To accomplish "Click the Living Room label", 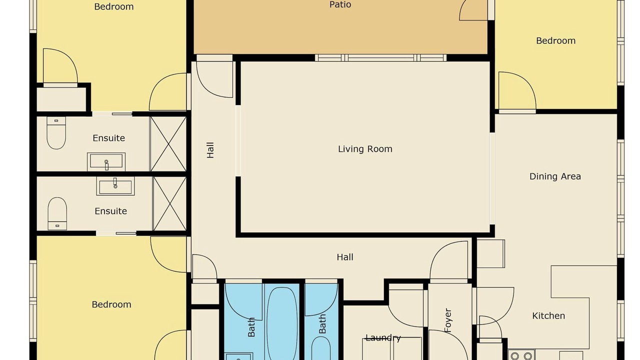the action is click(365, 149).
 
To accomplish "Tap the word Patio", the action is click(340, 4).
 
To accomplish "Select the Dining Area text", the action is click(555, 176).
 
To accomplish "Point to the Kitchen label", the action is click(548, 315).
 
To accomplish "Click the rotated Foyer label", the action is click(448, 320).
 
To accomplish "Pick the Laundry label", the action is click(383, 338).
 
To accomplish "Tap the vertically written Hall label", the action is click(210, 150).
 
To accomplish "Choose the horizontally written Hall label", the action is click(345, 257).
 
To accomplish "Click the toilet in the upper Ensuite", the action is click(56, 133).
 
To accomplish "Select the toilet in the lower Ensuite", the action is click(57, 213).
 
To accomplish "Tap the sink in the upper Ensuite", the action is click(106, 161).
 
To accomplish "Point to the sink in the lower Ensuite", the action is click(115, 186).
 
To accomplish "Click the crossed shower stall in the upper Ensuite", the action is click(168, 143).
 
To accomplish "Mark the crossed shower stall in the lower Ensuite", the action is click(169, 203).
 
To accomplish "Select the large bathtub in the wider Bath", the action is click(281, 323).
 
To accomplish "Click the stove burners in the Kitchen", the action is click(521, 355).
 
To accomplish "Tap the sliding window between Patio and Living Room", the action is click(380, 57).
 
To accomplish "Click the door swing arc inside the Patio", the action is click(473, 10).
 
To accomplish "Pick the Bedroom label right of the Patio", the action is click(555, 40).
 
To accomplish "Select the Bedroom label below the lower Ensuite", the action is click(111, 304).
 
